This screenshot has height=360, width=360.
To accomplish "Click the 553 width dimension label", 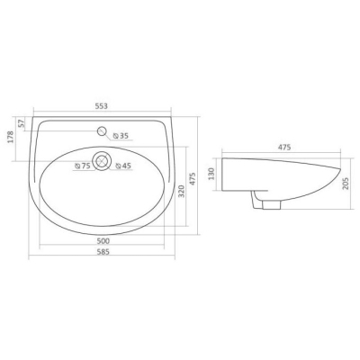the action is click(x=102, y=106).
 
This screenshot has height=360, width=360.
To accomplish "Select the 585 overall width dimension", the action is click(x=102, y=252).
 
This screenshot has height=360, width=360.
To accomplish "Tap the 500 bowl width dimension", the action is click(x=102, y=241).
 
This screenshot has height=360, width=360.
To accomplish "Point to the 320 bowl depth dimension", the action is click(x=181, y=191).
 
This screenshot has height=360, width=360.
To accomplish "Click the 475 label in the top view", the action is click(x=193, y=178).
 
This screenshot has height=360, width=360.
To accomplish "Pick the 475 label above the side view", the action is click(x=284, y=147).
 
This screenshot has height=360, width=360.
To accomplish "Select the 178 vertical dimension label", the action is click(x=11, y=137).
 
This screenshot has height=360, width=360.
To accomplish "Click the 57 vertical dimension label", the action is click(x=21, y=123).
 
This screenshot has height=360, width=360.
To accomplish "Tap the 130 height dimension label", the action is click(x=211, y=174).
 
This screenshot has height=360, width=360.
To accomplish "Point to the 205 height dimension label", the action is click(x=345, y=184).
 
